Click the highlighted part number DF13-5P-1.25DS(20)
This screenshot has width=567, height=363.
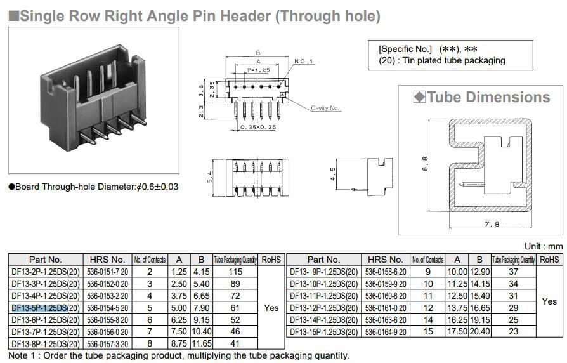[x=46, y=307]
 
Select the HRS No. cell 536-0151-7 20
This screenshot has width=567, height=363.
[x=107, y=271]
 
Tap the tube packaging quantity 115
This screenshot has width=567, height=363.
[x=235, y=271]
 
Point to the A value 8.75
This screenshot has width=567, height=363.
[x=179, y=343]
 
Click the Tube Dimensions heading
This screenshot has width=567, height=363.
[x=488, y=97]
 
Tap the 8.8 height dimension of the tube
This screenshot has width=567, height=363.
[x=425, y=163]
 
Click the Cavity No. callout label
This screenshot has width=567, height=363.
[x=325, y=108]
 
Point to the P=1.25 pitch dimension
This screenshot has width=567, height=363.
[x=259, y=70]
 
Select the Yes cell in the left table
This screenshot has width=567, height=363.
[x=271, y=307]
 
